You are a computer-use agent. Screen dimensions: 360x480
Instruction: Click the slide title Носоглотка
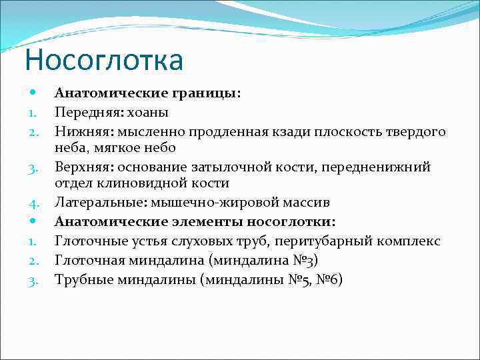click(103, 60)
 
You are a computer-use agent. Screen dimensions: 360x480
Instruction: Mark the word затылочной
click(220, 167)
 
